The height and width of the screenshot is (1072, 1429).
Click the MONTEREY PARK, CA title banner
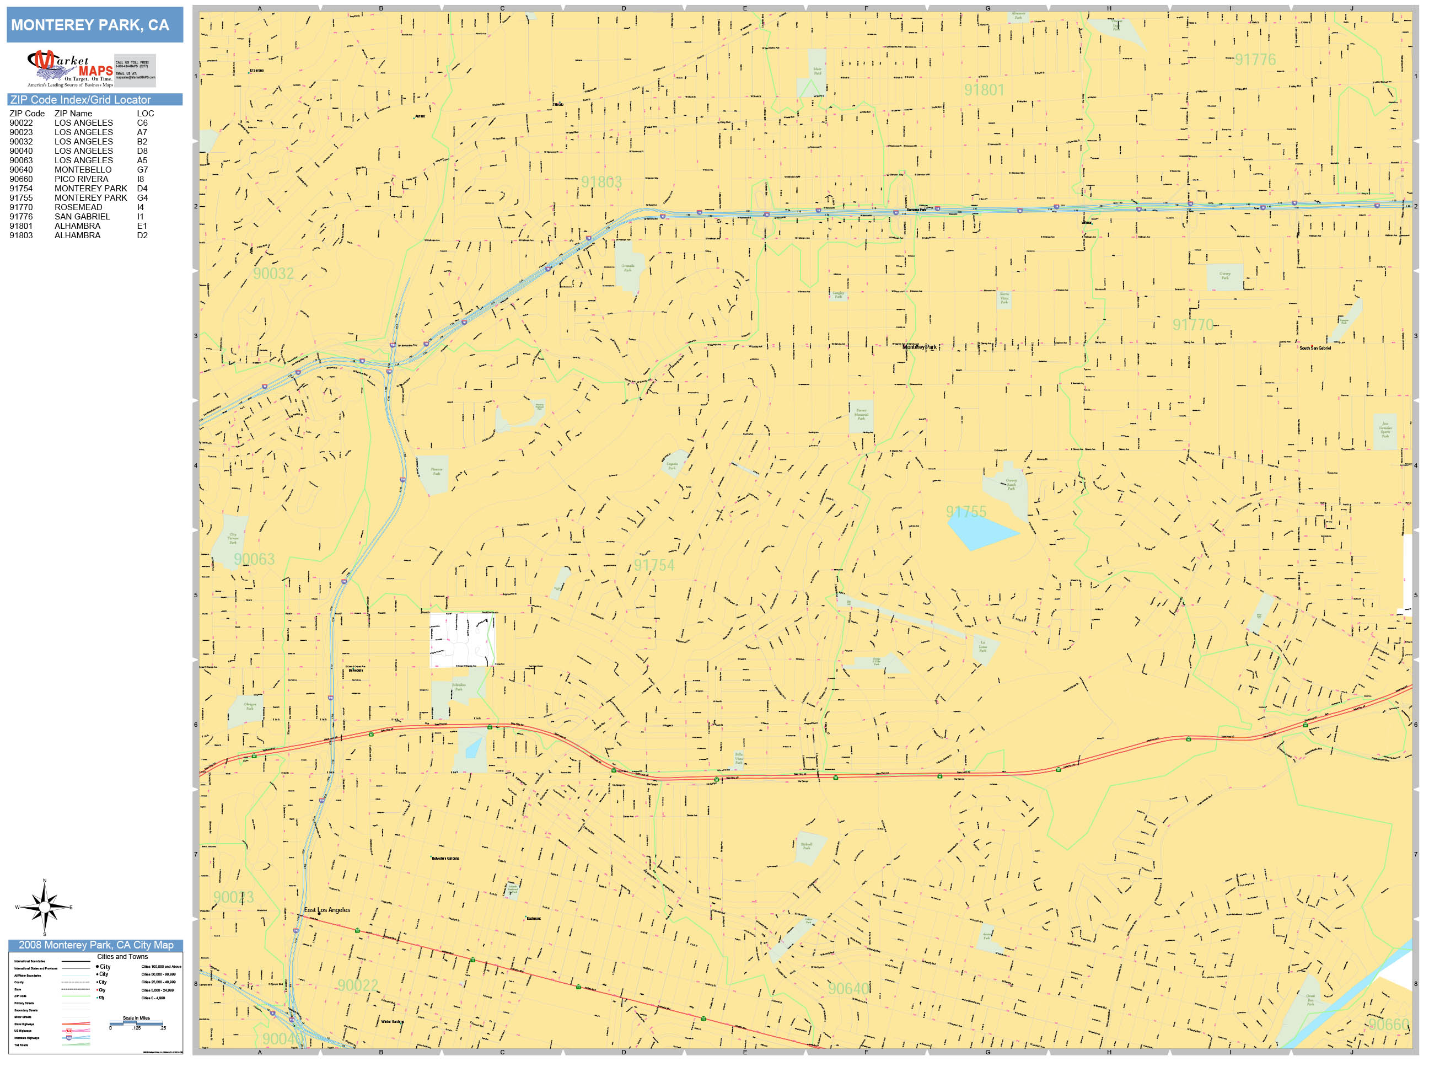click(x=94, y=25)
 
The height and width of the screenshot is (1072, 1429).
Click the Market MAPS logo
click(x=71, y=69)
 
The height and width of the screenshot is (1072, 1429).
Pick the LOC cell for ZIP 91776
click(x=140, y=217)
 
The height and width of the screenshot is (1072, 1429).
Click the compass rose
click(x=44, y=907)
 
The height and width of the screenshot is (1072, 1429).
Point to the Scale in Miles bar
click(x=136, y=1023)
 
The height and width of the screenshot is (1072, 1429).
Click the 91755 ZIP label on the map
click(x=966, y=512)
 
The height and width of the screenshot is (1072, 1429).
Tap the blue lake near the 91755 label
click(x=979, y=532)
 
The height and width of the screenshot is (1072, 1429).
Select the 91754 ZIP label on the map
click(x=653, y=565)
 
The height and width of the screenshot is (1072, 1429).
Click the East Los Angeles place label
click(x=327, y=910)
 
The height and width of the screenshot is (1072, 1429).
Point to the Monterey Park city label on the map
click(x=918, y=347)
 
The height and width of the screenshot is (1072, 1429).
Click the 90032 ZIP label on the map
click(x=273, y=274)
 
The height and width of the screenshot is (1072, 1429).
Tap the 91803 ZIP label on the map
click(x=601, y=182)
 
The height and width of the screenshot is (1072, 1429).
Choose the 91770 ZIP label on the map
click(x=1192, y=324)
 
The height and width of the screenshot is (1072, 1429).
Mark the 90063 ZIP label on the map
click(x=254, y=559)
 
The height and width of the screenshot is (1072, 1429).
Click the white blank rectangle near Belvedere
click(x=462, y=640)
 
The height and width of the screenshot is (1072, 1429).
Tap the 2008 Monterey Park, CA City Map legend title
click(x=95, y=945)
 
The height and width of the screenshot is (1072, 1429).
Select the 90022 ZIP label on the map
click(x=357, y=985)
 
